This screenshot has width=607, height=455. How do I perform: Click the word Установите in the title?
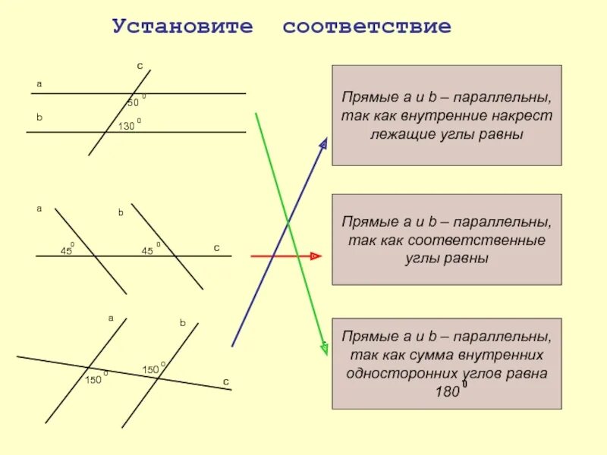click(182, 27)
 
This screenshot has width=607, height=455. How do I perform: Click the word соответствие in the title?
click(366, 27)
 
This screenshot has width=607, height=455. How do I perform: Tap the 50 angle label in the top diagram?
click(133, 103)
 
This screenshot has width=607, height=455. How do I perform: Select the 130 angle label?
click(126, 126)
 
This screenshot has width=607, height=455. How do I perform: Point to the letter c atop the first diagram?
click(140, 67)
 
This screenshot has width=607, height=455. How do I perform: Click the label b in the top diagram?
click(39, 118)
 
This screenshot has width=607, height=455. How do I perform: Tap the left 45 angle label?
click(67, 250)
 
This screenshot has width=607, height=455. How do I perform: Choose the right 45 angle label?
click(148, 250)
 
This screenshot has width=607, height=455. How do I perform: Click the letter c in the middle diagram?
click(216, 248)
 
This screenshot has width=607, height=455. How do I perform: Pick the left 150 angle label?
click(93, 379)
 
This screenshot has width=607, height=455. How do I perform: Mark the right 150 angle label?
click(150, 369)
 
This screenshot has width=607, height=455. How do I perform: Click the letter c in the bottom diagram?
click(225, 380)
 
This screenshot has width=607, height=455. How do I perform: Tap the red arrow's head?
click(315, 256)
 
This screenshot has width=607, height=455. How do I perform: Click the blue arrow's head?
click(324, 144)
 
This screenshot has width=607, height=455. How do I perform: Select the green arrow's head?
click(324, 347)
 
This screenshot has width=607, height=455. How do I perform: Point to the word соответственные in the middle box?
click(447, 240)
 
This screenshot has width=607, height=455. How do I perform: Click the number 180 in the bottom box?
click(448, 392)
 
